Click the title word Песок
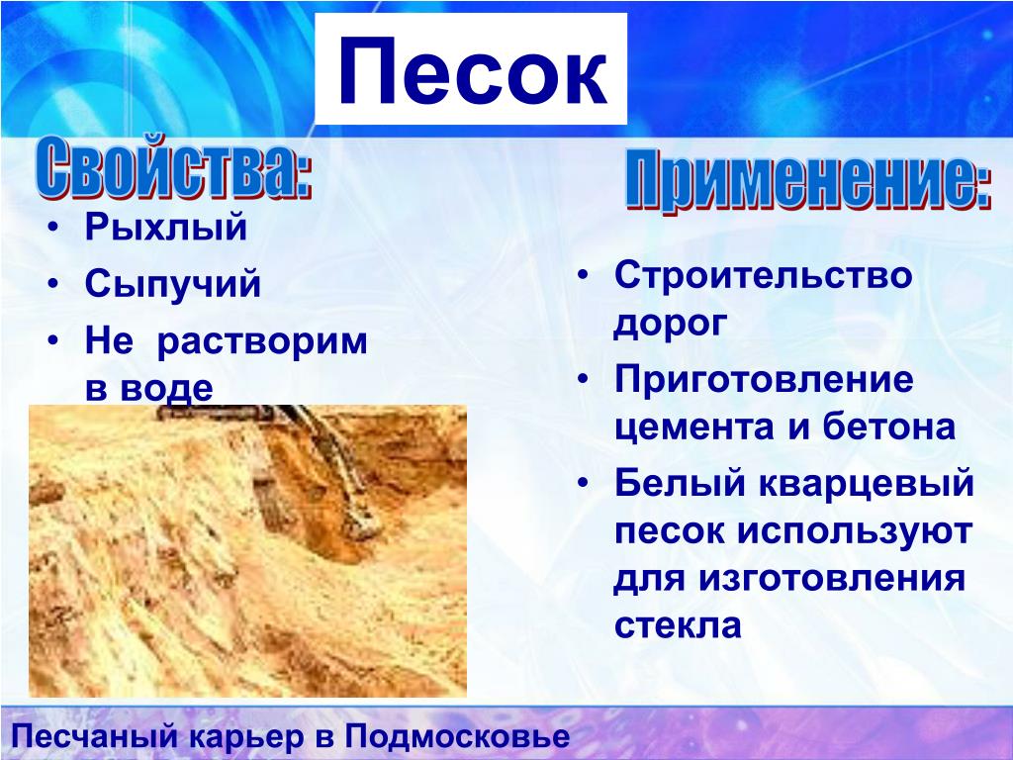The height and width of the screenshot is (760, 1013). (x=472, y=70)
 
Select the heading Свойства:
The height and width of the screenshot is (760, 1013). (x=174, y=167)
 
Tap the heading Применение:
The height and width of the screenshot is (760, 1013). (x=807, y=182)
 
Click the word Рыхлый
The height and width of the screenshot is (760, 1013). (x=166, y=227)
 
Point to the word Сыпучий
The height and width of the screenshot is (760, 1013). (x=172, y=284)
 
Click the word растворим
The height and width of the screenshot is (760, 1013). (x=262, y=341)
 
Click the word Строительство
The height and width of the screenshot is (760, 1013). (x=763, y=275)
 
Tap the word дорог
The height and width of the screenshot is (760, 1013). (x=671, y=324)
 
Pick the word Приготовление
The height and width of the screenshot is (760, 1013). (x=765, y=381)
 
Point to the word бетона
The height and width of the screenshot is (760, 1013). (x=889, y=427)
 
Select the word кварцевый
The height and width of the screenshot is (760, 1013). (x=867, y=483)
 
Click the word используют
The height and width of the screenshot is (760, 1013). (x=855, y=532)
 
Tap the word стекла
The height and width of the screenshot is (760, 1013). (x=678, y=625)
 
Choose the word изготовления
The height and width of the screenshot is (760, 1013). (x=832, y=578)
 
